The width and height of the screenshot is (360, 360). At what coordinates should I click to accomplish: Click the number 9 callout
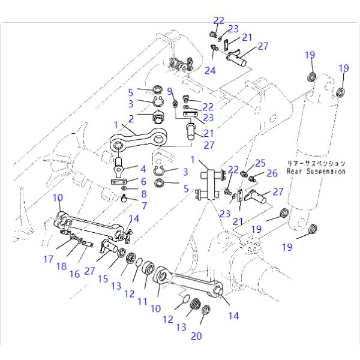170,91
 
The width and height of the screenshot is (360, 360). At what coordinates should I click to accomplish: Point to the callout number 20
197,337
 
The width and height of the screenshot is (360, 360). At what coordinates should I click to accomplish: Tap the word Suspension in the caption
325,171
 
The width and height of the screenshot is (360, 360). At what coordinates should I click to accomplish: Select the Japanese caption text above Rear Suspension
316,163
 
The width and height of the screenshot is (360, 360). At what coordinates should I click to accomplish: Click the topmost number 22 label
218,20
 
